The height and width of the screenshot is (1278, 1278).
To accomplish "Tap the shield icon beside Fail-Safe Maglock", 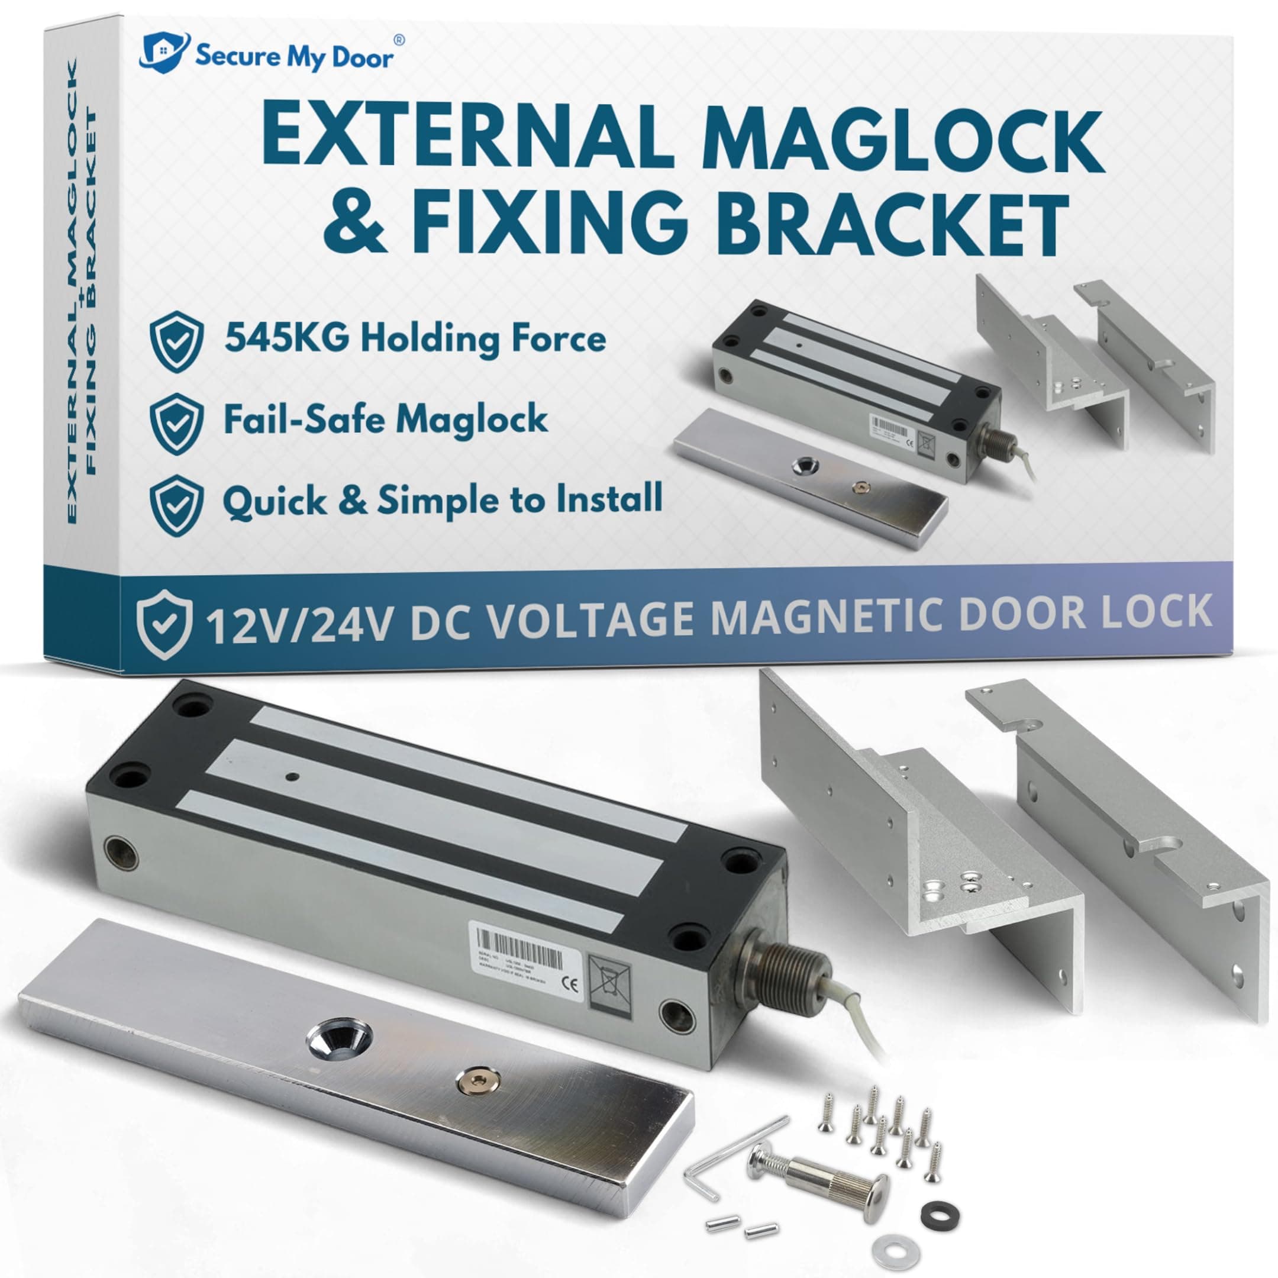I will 176,424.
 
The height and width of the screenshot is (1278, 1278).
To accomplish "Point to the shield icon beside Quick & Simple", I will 176,505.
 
